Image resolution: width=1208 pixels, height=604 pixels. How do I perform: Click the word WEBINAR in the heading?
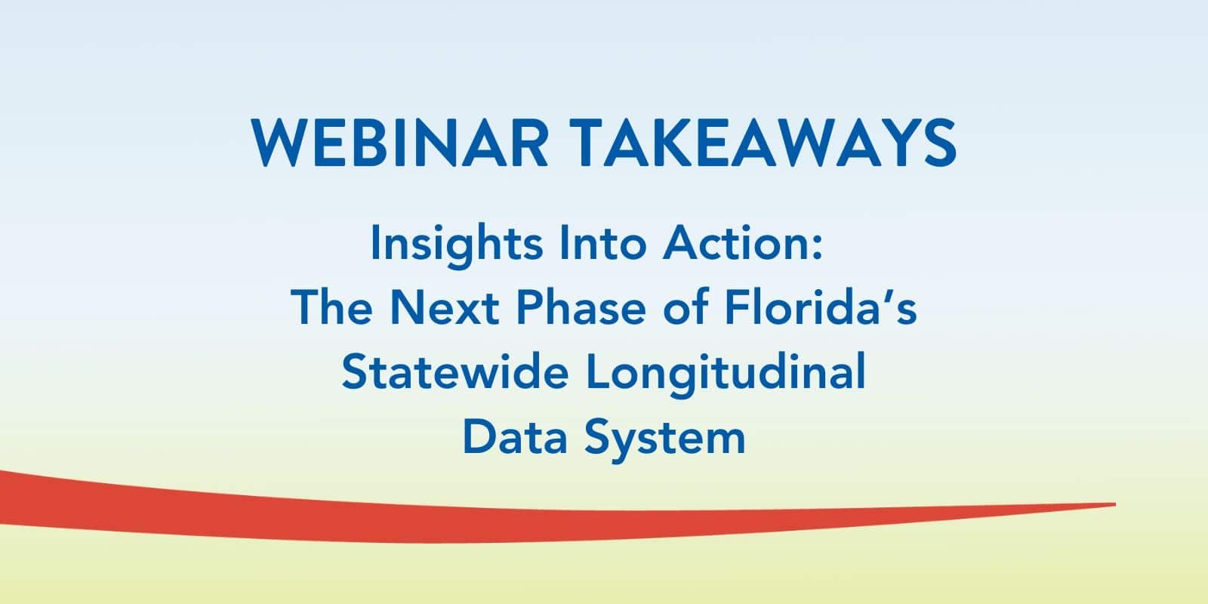[399, 143]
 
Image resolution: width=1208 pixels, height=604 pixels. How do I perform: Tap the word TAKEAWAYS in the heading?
[763, 143]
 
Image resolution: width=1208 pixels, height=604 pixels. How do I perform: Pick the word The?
[331, 307]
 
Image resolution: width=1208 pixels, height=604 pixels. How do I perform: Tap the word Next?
[445, 307]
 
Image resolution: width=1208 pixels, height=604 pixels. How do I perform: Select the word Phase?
[581, 307]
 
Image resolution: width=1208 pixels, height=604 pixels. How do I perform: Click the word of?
[686, 307]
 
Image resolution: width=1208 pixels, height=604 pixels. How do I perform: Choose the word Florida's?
[821, 307]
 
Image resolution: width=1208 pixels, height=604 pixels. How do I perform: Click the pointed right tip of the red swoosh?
[1115, 505]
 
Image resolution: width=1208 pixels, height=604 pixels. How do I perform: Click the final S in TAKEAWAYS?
[939, 143]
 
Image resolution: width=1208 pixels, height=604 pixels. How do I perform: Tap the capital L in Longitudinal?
[599, 371]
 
